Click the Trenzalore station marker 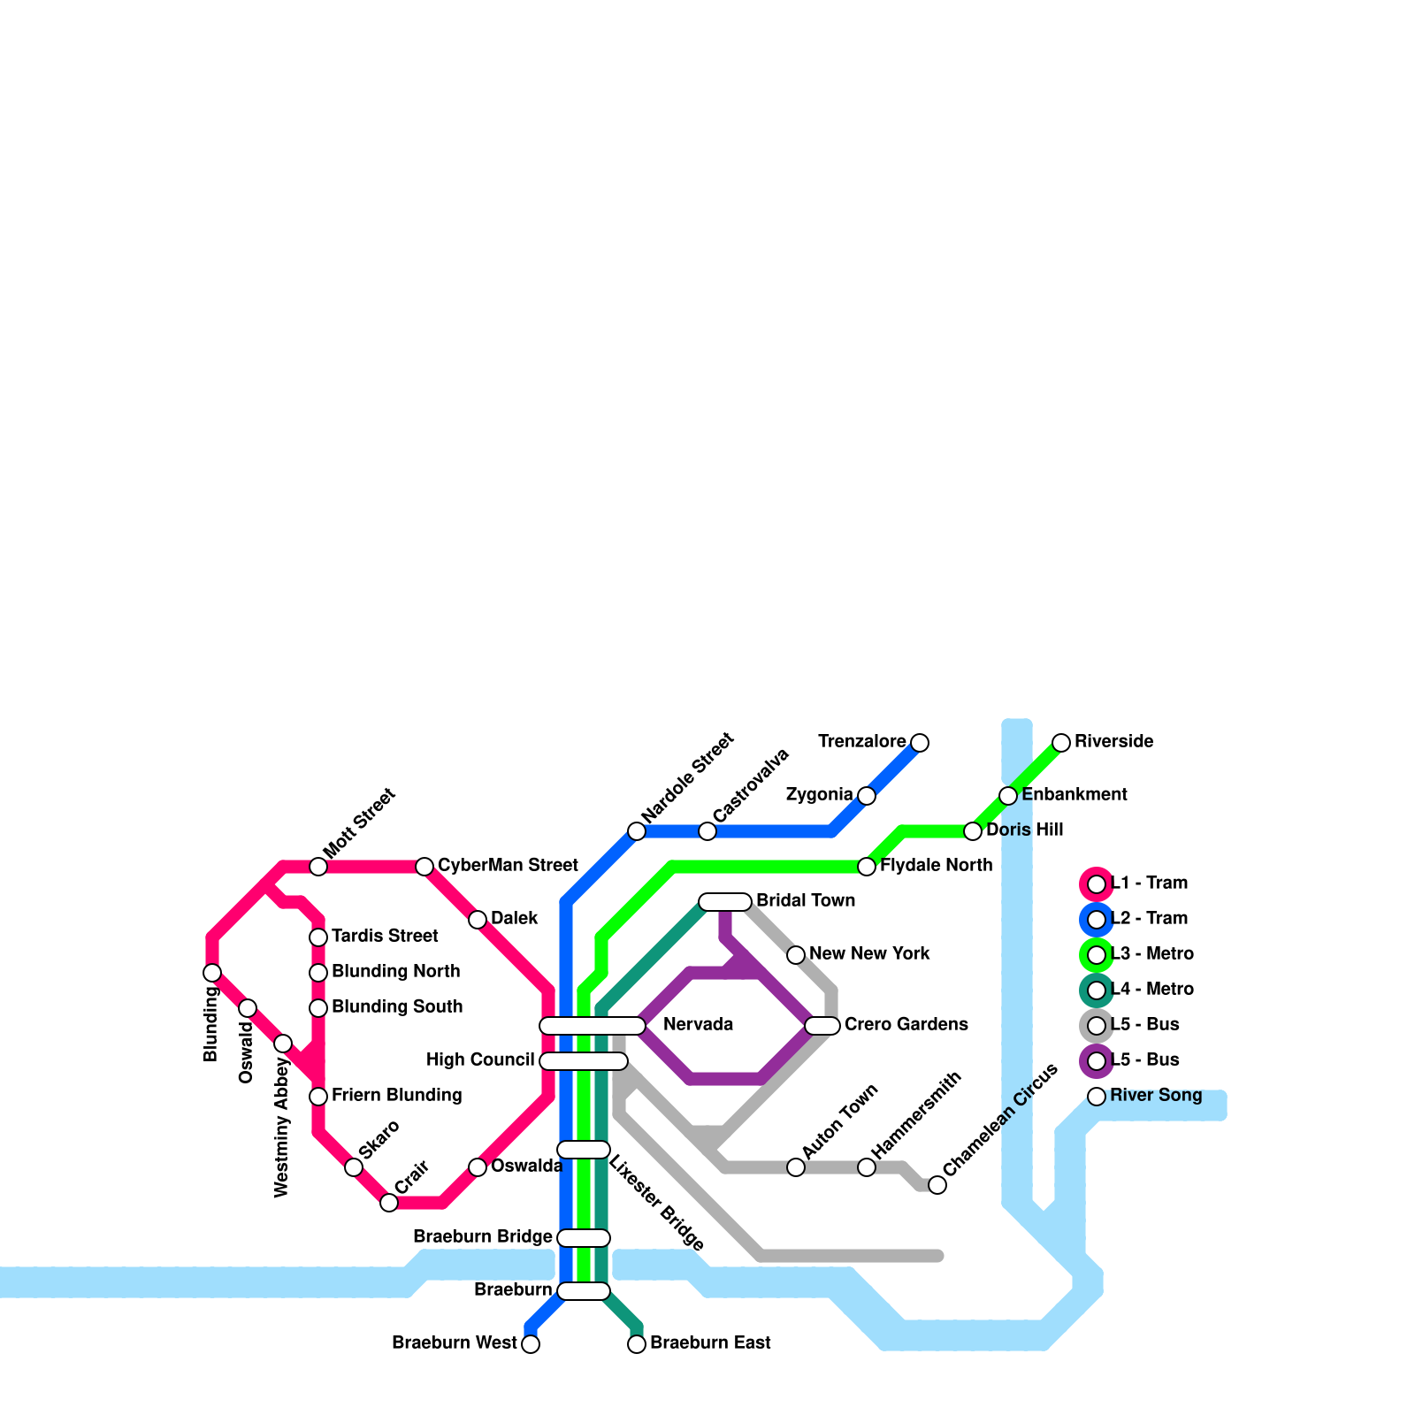click(920, 742)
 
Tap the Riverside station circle click(1061, 742)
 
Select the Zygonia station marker click(867, 795)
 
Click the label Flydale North click(936, 865)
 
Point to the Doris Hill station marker click(973, 830)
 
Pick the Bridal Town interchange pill click(725, 901)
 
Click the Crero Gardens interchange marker click(822, 1025)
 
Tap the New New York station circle click(796, 954)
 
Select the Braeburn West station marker click(531, 1344)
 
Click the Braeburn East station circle click(637, 1344)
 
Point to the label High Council click(480, 1059)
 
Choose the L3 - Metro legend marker click(1097, 954)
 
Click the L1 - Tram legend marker click(1097, 883)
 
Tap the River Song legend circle click(1097, 1096)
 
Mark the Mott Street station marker click(318, 867)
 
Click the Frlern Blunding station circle click(318, 1097)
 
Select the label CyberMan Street click(508, 865)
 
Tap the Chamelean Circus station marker click(937, 1185)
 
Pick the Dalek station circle click(478, 920)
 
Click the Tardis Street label click(385, 936)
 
